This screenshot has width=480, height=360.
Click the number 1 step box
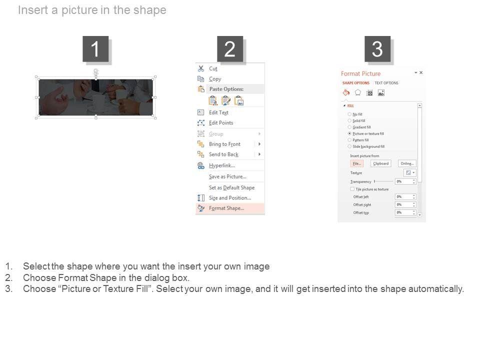95,49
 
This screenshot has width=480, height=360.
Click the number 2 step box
230,49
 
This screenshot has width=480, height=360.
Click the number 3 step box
377,49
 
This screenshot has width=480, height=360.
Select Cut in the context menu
213,69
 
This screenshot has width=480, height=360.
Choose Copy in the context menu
215,79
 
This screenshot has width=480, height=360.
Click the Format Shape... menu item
226,208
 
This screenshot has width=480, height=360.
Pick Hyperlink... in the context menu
221,166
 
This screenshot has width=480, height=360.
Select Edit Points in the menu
220,123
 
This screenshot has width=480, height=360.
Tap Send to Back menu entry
223,155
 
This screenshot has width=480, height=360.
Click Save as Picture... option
227,177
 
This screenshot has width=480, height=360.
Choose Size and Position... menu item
229,198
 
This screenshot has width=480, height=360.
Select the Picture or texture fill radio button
349,134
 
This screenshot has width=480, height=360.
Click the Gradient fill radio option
349,127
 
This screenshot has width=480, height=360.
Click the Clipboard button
380,163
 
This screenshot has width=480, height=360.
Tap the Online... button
407,163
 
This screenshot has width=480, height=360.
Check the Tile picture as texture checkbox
352,189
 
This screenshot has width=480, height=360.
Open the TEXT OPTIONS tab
386,83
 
